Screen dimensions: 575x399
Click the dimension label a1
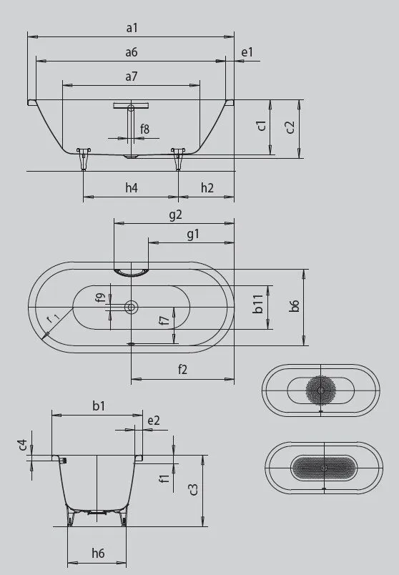click(131, 28)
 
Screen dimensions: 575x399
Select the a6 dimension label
click(131, 52)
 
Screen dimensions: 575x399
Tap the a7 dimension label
click(131, 76)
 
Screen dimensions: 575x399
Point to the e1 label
click(247, 52)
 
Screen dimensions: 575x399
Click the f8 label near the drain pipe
click(145, 129)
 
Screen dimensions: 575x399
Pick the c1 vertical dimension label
click(262, 125)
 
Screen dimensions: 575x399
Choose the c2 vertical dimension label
click(290, 127)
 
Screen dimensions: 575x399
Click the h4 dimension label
click(131, 187)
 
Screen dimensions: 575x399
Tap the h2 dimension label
click(207, 187)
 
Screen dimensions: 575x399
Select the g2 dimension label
click(174, 214)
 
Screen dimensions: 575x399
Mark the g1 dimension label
click(192, 234)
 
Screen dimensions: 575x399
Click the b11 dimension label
click(259, 308)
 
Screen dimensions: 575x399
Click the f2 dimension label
click(182, 369)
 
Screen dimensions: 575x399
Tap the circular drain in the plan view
click(131, 307)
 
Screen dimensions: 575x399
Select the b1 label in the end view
click(99, 406)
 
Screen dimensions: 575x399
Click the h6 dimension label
click(98, 553)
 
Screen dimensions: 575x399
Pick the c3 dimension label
click(193, 490)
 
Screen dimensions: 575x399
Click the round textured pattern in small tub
click(321, 390)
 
